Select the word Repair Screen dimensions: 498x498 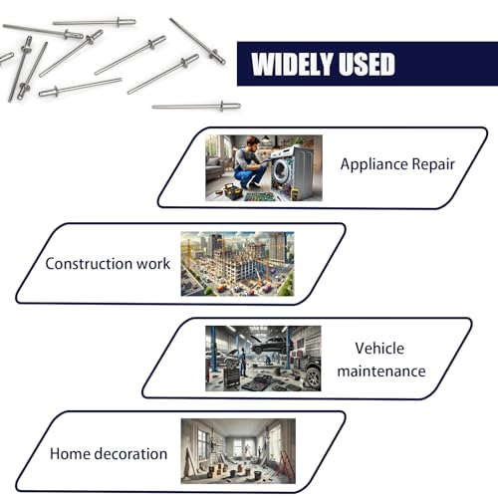click(433, 164)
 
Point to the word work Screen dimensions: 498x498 click(153, 264)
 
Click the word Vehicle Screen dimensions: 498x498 click(379, 349)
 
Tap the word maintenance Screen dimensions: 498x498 click(381, 372)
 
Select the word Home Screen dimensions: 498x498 click(71, 454)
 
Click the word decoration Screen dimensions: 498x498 click(131, 454)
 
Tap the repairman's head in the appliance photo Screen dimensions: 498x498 click(253, 143)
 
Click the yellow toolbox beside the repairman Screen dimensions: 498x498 click(232, 191)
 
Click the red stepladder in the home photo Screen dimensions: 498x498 click(286, 464)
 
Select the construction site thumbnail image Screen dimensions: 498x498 click(237, 264)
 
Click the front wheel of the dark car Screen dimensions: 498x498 click(313, 377)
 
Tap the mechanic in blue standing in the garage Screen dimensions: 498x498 click(243, 362)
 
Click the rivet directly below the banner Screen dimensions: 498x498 click(196, 107)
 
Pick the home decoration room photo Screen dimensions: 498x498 click(238, 451)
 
